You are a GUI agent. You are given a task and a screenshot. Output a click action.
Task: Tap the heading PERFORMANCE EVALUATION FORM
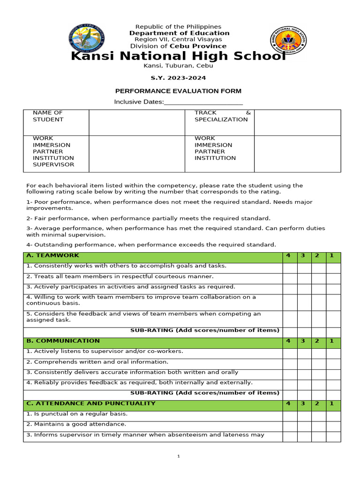(x=179, y=91)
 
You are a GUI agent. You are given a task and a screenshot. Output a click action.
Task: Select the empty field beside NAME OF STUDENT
(x=136, y=122)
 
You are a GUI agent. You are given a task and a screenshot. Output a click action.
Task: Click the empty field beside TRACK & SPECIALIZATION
(x=297, y=122)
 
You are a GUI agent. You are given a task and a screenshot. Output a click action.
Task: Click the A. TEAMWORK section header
(x=53, y=255)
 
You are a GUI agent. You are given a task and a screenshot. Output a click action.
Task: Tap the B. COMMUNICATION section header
(x=63, y=341)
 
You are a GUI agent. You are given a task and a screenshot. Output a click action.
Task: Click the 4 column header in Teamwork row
(x=289, y=255)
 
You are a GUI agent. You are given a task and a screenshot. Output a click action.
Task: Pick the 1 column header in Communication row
(x=333, y=341)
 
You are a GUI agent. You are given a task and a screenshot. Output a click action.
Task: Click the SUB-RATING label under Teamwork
(x=204, y=330)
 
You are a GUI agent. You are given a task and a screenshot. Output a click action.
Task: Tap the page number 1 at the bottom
(x=179, y=456)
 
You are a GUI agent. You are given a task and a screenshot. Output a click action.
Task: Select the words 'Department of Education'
(x=180, y=33)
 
